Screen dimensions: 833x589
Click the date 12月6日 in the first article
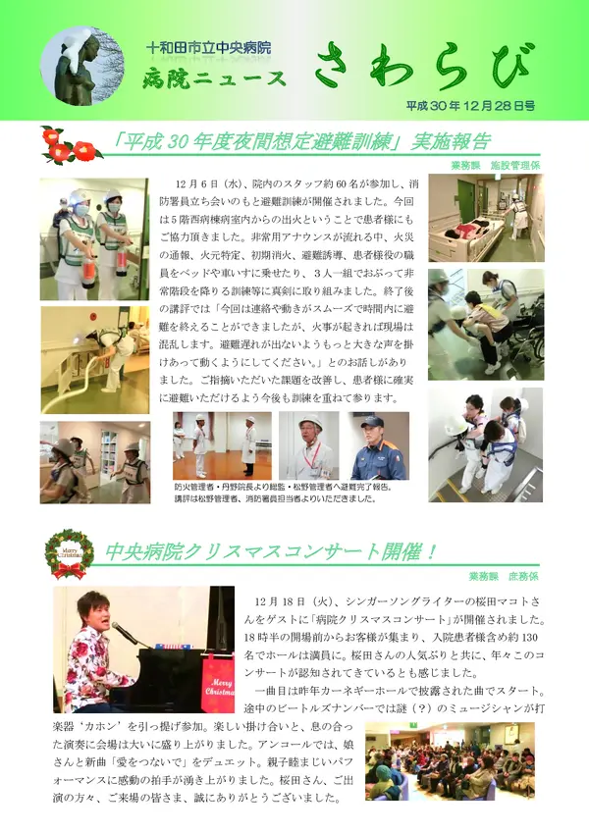click(x=200, y=184)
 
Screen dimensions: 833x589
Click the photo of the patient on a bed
click(x=485, y=218)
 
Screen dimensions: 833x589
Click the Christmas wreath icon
click(x=70, y=552)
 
